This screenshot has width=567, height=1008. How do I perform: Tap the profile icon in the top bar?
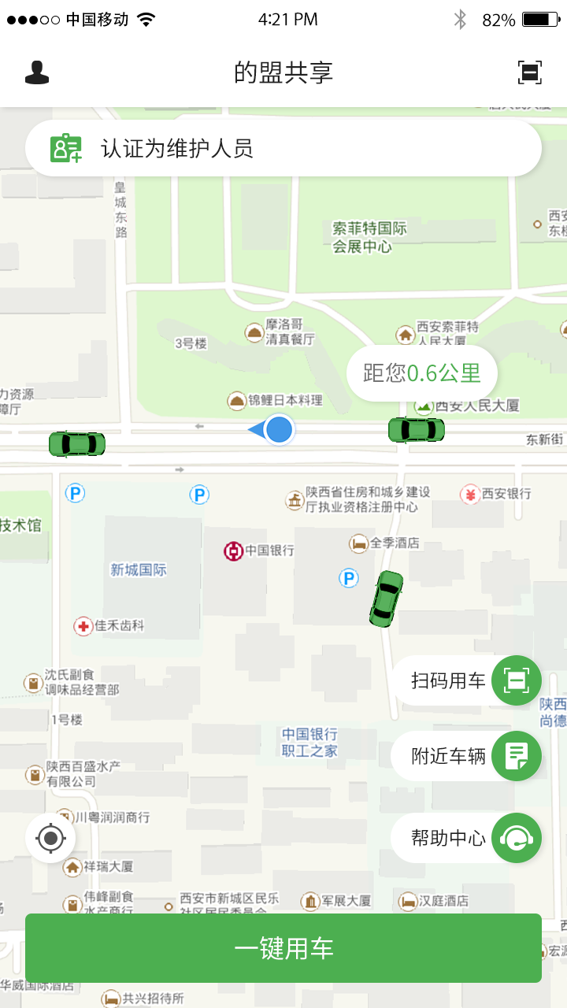pos(37,72)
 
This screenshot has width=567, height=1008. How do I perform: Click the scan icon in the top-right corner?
pos(530,72)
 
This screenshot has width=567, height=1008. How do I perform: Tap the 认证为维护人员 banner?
pos(283,148)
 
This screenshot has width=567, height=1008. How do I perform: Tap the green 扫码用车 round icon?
pos(517,680)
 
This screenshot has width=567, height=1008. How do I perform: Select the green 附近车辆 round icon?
pos(517,756)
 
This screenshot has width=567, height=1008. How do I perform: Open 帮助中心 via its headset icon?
pos(517,838)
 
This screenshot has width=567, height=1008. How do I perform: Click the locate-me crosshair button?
pos(51,838)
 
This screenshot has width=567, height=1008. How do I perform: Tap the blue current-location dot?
pos(279,430)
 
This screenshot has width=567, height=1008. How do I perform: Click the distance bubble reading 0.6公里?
pos(422,373)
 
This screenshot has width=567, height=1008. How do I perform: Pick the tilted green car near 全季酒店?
pos(386,598)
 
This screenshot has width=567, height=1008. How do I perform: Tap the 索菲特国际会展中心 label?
pos(369,237)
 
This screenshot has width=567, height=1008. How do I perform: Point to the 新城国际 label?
pos(139,569)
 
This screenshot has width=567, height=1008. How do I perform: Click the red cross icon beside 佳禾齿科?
pos(83,626)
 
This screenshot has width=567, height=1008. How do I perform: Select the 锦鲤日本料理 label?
pos(285,400)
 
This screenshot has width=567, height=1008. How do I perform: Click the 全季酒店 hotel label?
pos(395,543)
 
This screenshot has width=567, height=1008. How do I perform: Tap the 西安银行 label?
pos(506,494)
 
